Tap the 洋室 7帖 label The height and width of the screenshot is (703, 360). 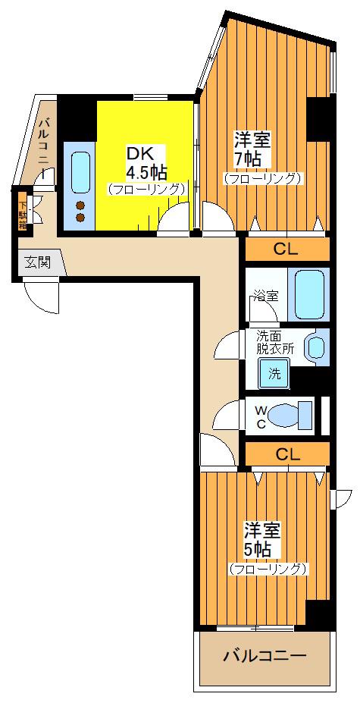253,149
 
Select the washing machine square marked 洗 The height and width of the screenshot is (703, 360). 274,373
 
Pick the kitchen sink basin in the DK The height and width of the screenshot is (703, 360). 81,173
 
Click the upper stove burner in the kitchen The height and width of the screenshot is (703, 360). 80,206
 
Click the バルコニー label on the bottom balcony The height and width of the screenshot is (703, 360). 265,657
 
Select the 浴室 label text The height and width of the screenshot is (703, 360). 266,296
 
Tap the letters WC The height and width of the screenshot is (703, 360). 261,416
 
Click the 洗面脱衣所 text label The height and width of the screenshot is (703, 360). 275,343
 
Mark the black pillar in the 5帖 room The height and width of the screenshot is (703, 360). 320,615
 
